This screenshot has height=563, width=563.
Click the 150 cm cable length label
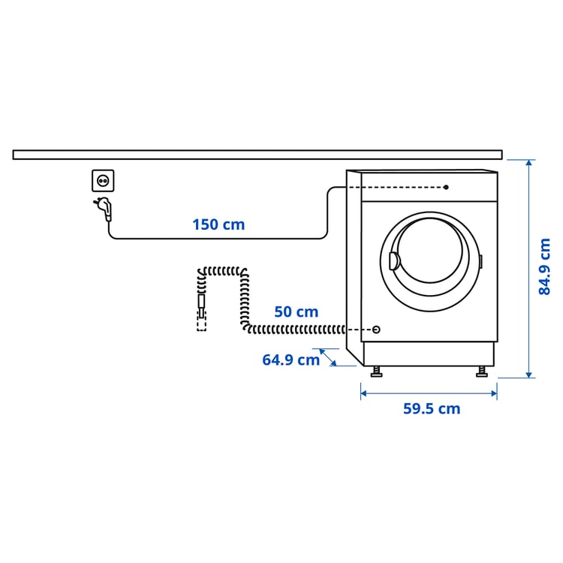[218, 224]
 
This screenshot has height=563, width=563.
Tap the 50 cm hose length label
[296, 312]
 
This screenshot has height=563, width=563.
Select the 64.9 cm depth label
[291, 360]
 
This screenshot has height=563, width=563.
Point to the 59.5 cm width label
[432, 409]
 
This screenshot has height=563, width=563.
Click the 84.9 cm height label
[545, 266]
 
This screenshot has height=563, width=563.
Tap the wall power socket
[104, 181]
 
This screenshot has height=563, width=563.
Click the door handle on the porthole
[393, 261]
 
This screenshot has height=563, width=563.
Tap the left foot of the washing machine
[375, 372]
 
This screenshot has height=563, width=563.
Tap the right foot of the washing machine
[481, 372]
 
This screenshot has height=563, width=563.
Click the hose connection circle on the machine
[376, 330]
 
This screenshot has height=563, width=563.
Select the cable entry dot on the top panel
[447, 187]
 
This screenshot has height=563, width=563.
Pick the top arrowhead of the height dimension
[529, 163]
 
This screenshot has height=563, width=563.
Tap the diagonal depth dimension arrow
[327, 357]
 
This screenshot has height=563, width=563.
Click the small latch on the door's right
[480, 262]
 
